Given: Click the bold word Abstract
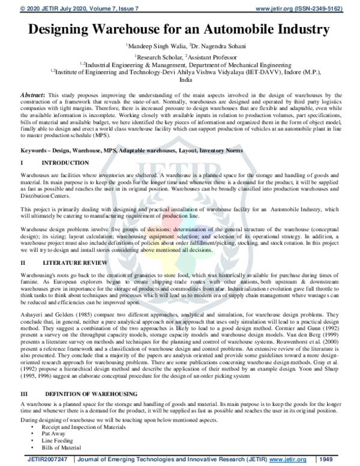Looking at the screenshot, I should [34, 95].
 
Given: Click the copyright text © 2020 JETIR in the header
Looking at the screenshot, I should [36, 4].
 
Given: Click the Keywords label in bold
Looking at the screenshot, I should [36, 151].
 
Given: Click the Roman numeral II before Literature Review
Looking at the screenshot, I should [23, 262].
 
